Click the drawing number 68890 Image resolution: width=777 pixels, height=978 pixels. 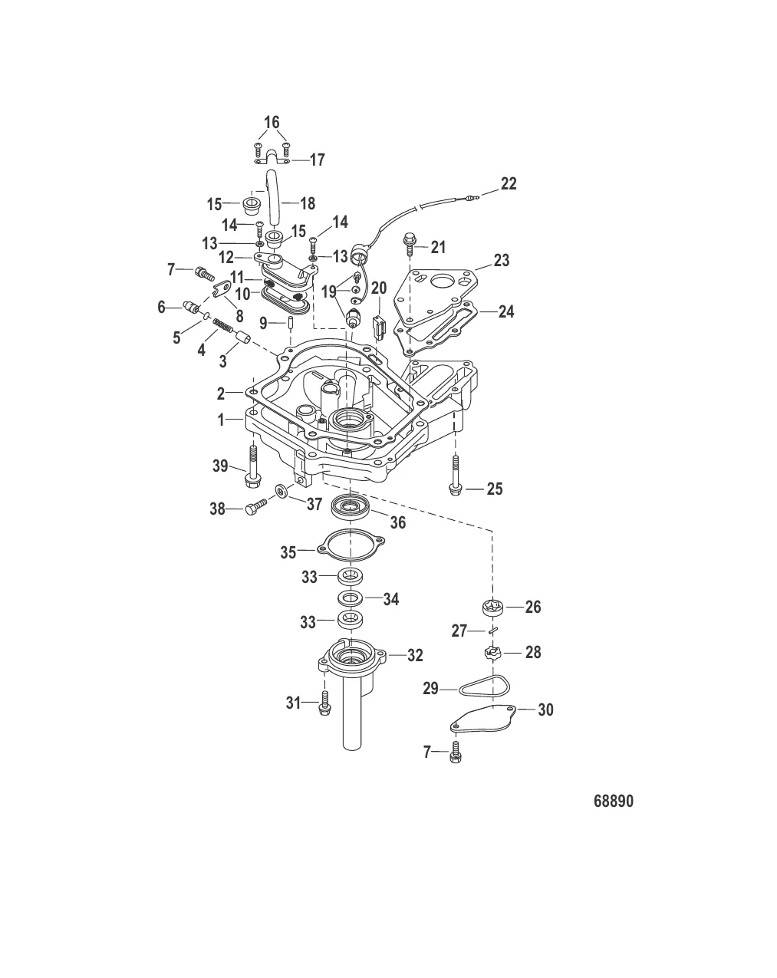click(x=613, y=802)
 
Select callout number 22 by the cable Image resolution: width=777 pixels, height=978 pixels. click(x=509, y=184)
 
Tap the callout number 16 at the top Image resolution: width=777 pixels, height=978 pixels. click(x=272, y=123)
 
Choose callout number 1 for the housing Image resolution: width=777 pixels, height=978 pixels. click(x=220, y=421)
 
